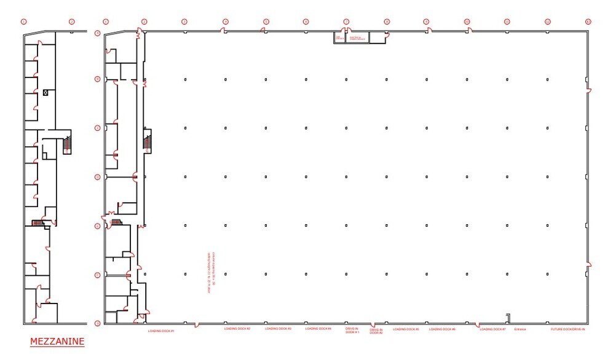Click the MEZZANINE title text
click(57, 341)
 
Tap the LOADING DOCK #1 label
click(162, 331)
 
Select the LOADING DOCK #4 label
click(318, 329)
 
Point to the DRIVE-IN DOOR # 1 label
click(351, 330)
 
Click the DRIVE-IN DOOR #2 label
click(376, 331)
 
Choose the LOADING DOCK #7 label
click(492, 329)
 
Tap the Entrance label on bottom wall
click(520, 329)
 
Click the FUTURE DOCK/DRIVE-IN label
click(568, 329)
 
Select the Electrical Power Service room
click(358, 37)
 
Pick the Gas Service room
click(339, 37)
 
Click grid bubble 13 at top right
click(588, 22)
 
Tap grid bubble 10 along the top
click(467, 22)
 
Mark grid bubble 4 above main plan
click(225, 22)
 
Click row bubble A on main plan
click(97, 33)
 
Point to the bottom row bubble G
click(97, 323)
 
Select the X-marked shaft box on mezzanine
click(45, 92)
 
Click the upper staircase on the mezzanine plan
click(67, 144)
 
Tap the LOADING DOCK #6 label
click(442, 329)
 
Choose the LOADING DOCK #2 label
click(237, 329)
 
